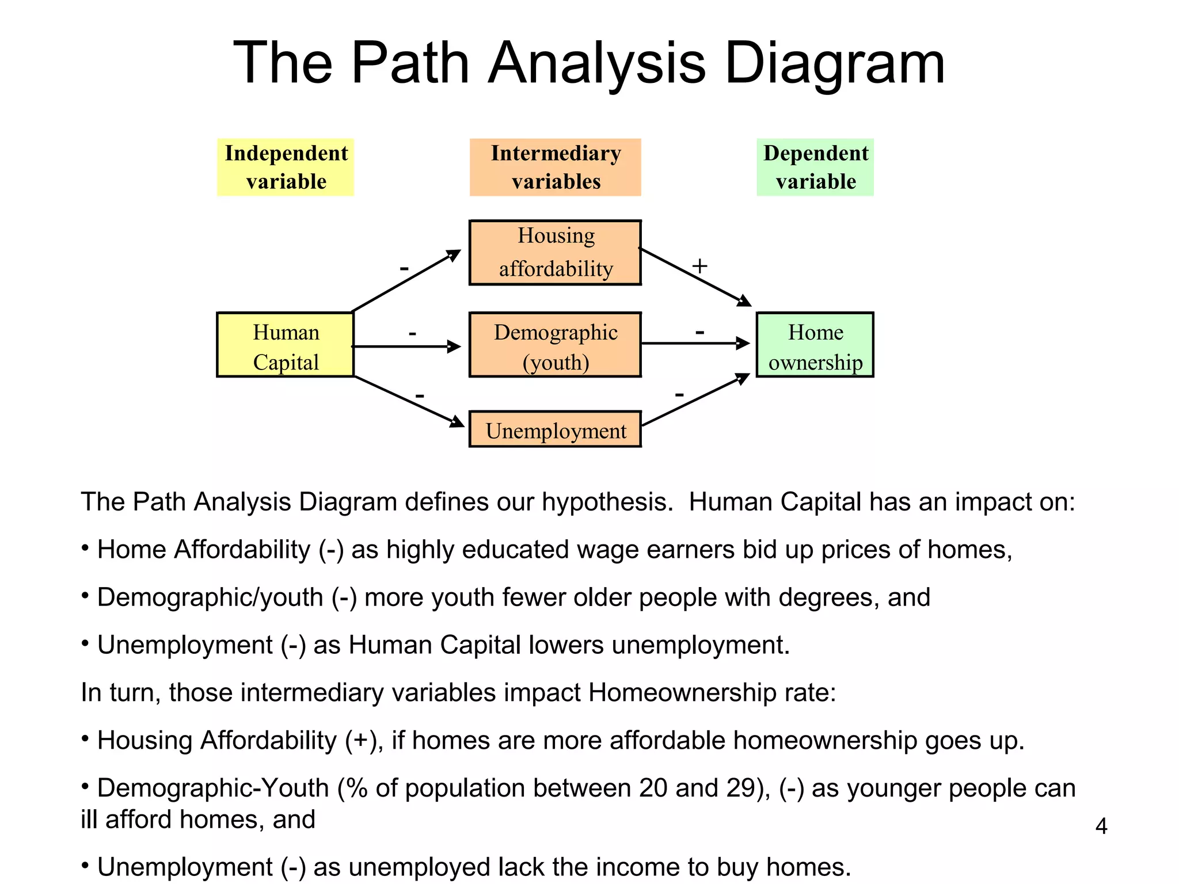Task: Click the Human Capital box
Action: coord(286,345)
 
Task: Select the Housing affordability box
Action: coord(555,253)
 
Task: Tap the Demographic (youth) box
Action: coord(555,345)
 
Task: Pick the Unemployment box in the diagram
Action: coord(555,429)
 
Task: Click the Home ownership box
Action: coord(815,345)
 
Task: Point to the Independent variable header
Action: coord(286,167)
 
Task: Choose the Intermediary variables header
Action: coord(555,167)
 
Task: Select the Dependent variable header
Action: coord(815,167)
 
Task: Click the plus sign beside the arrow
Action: coord(699,266)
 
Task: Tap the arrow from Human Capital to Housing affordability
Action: coord(406,280)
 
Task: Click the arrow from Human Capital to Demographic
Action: coord(406,346)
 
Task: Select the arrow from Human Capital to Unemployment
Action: coord(409,402)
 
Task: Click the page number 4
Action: coord(1101,826)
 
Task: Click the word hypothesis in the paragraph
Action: coord(607,502)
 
